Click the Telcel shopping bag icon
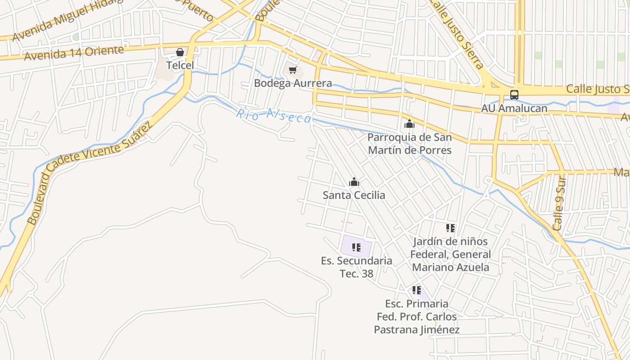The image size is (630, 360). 180,52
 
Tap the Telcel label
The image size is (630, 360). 180,65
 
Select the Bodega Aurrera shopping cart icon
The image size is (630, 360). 293,70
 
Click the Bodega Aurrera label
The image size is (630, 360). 293,83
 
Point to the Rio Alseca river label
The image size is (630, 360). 274,116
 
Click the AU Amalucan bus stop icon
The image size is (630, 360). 514,95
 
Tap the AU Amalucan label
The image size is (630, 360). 514,108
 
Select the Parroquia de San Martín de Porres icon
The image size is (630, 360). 409,124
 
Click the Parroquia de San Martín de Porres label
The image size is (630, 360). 409,144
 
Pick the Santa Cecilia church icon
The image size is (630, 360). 354,182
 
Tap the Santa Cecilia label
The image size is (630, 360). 354,195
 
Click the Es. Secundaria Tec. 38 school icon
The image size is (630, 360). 356,247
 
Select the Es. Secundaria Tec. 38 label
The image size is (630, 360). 356,267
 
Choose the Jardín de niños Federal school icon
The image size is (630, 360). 450,228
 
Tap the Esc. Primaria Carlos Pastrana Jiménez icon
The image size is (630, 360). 417,290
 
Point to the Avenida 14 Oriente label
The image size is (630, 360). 74,53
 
